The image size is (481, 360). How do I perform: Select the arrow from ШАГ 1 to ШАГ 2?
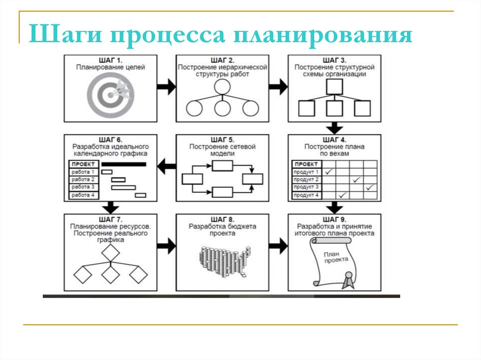tap(166, 87)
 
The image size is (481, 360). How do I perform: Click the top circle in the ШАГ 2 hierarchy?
tap(222, 87)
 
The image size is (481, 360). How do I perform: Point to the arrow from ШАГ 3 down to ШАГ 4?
tap(334, 128)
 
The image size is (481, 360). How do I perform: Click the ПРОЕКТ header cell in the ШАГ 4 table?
tap(306, 164)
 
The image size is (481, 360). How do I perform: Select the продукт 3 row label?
tap(306, 187)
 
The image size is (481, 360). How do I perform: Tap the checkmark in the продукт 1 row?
tap(329, 172)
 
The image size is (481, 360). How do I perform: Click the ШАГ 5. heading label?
tap(222, 140)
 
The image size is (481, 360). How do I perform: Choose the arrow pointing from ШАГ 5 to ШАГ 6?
tap(166, 165)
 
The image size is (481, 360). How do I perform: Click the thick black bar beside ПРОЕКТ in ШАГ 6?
tap(124, 164)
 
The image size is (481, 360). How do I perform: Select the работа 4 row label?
tap(83, 195)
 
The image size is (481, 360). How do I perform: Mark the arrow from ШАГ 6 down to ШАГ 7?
tap(111, 207)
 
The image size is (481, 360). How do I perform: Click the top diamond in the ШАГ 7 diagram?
tap(111, 253)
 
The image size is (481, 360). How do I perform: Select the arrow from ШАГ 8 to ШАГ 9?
tap(278, 245)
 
